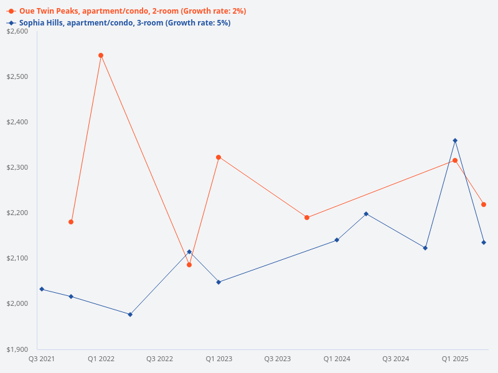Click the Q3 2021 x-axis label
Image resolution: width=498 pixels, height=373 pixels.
click(42, 359)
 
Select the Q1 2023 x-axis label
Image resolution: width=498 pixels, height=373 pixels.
click(218, 359)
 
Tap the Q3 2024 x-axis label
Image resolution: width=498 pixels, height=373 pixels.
click(396, 359)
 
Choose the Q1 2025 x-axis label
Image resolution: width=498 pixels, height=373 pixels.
click(455, 359)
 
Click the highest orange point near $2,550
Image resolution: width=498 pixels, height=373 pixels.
click(101, 55)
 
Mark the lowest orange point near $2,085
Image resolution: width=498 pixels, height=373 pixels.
click(189, 265)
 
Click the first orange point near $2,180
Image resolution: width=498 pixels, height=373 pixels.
click(71, 222)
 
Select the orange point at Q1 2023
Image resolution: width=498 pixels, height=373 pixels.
click(218, 157)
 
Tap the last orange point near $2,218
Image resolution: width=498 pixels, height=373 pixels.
click(484, 205)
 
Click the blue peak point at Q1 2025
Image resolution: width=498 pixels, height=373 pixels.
click(455, 140)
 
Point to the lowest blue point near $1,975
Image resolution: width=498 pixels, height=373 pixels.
click(130, 315)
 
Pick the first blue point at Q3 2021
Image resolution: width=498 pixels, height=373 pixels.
click(42, 289)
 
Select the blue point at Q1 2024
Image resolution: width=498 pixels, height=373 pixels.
click(337, 240)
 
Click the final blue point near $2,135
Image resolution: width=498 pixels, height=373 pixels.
click(484, 242)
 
